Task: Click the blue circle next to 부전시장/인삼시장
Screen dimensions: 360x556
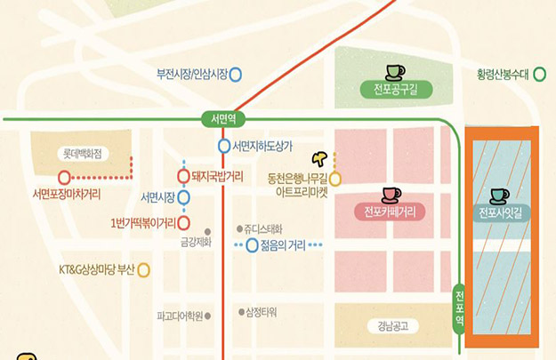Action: pyautogui.click(x=236, y=75)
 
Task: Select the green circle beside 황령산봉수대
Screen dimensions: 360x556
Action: pyautogui.click(x=539, y=75)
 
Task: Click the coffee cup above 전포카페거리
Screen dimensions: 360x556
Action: pyautogui.click(x=391, y=194)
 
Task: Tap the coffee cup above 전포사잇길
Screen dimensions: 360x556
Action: pyautogui.click(x=500, y=195)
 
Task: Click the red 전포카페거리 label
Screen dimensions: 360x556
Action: pyautogui.click(x=390, y=212)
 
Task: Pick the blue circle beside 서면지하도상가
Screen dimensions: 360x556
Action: pyautogui.click(x=224, y=146)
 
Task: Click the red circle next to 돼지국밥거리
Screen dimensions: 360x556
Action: pyautogui.click(x=184, y=176)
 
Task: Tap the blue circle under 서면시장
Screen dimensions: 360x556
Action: pyautogui.click(x=184, y=197)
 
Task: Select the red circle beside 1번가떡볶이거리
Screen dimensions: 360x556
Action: pyautogui.click(x=184, y=222)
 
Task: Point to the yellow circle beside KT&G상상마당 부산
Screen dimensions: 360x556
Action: pyautogui.click(x=143, y=269)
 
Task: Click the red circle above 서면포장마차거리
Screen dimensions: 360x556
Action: pyautogui.click(x=65, y=177)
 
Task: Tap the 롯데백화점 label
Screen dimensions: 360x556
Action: pyautogui.click(x=83, y=153)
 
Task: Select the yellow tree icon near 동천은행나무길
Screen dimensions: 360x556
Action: pyautogui.click(x=320, y=159)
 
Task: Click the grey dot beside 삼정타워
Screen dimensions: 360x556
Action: pyautogui.click(x=239, y=312)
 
